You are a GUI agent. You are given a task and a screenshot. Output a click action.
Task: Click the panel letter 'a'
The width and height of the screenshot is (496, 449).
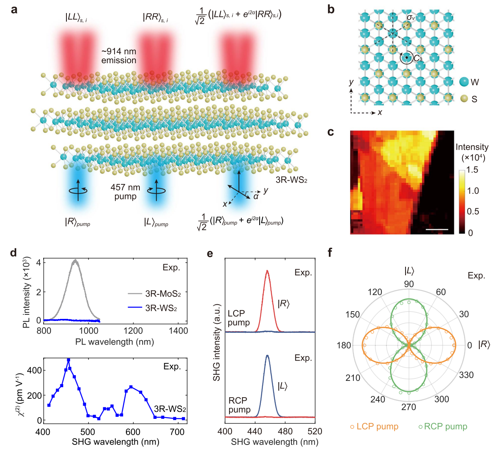pos(14,9)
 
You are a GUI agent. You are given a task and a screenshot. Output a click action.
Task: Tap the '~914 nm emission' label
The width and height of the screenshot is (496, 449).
pos(119,56)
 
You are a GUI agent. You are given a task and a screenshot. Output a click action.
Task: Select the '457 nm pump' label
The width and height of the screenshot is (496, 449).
pos(125,192)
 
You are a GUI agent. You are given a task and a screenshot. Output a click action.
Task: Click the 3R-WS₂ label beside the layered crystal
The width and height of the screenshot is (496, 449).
pos(291,180)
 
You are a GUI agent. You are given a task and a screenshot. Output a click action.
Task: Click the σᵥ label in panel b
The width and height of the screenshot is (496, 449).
pos(411,18)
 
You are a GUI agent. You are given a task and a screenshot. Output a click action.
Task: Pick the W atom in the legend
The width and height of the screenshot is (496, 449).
pos(464,82)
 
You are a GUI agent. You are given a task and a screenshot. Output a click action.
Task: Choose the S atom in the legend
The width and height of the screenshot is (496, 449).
pos(464,99)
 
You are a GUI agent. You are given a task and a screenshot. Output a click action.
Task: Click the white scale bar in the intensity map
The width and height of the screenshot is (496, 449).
pos(436,230)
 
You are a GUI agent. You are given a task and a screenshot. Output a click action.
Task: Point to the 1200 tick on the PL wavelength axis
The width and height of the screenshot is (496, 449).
pos(133,331)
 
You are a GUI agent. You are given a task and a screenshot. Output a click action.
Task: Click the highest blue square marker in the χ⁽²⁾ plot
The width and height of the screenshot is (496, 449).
pos(68,360)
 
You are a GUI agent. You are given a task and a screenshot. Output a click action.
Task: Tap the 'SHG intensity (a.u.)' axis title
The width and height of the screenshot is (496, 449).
pos(216,343)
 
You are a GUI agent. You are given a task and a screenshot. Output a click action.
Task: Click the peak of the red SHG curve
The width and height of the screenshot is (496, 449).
pos(267,270)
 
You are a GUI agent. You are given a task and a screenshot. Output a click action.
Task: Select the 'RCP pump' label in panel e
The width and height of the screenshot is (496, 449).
pos(239,405)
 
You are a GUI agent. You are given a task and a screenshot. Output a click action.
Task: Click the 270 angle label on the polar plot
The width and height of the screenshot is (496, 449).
pos(408,407)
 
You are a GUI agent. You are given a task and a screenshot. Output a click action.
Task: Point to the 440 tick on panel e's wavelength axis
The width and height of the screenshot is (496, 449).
pos(255,431)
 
